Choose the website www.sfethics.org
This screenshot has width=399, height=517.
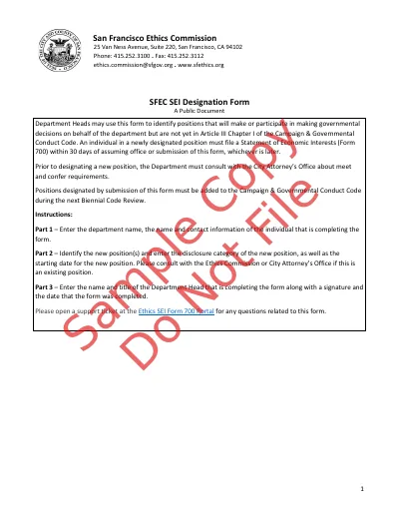(199, 65)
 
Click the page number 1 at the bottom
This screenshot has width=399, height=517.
(361, 488)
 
